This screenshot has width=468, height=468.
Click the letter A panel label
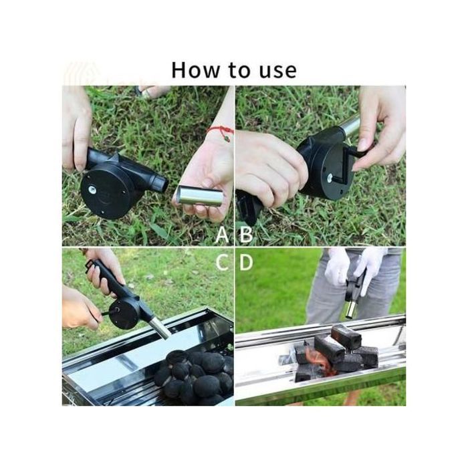[222, 234]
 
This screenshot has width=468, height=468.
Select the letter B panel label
[246, 234]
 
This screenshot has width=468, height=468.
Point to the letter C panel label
[223, 262]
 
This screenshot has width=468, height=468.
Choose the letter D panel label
[246, 262]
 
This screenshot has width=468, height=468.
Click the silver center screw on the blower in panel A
[92, 189]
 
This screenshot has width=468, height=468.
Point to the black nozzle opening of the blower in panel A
[162, 184]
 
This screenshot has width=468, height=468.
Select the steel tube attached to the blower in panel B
[351, 126]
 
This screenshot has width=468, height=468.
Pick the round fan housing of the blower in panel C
[123, 314]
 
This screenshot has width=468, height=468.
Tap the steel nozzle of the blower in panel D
[351, 309]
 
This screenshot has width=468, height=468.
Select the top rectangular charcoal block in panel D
[346, 336]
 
